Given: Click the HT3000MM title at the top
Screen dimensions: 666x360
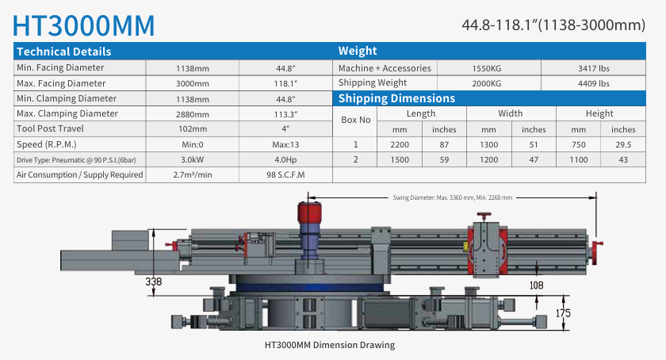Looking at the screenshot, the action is click(84, 25).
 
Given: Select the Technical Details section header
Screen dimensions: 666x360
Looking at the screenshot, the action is click(64, 52).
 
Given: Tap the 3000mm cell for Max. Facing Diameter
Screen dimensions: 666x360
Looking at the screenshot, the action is click(193, 84).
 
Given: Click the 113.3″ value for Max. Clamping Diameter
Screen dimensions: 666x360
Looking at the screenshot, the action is click(285, 114).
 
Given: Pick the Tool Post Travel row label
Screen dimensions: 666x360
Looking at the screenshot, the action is click(50, 128).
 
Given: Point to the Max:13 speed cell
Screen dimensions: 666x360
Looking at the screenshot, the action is click(285, 144).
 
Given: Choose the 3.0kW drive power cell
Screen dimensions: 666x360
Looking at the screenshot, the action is click(193, 160).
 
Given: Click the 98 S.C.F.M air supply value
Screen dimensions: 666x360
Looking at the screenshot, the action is click(285, 174).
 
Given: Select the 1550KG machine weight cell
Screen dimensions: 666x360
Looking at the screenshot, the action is click(486, 68).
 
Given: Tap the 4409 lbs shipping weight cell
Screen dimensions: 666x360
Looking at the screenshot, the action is click(593, 84).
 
